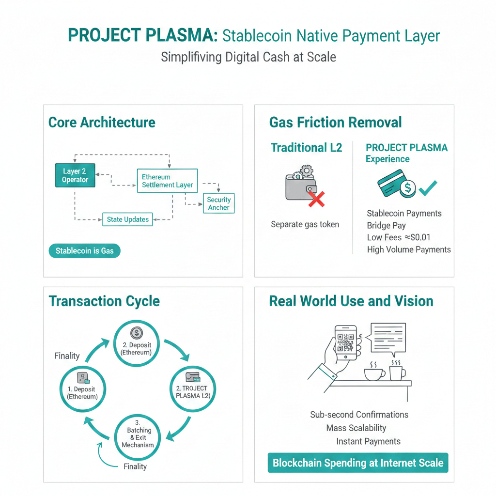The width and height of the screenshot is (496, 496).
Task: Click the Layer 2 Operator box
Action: (75, 175)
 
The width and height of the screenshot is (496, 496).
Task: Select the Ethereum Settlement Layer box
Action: (167, 181)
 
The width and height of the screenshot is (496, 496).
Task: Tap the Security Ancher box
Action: (218, 203)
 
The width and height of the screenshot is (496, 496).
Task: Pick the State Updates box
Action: (127, 219)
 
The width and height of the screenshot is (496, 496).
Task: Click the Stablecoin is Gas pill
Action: (84, 251)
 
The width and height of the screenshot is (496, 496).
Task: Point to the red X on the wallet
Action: (316, 199)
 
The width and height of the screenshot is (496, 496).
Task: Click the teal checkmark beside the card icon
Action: (428, 188)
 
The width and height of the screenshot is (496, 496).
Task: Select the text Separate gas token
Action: (305, 224)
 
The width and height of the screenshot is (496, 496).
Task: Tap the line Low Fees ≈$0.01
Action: (399, 237)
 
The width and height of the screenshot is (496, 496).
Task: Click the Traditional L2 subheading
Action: (306, 148)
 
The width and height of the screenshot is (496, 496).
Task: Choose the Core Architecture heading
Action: (102, 122)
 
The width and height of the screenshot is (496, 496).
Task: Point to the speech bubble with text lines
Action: (387, 338)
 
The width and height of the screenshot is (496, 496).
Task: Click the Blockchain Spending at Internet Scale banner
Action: (358, 463)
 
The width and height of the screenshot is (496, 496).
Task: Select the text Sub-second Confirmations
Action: (359, 415)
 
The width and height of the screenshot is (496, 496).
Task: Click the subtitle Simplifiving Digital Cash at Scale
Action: (248, 57)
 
